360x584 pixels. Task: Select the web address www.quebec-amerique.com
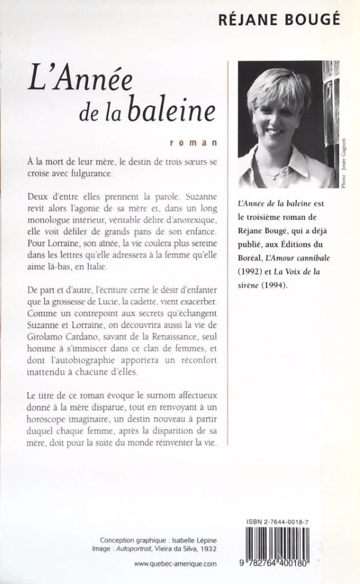click(175, 565)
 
